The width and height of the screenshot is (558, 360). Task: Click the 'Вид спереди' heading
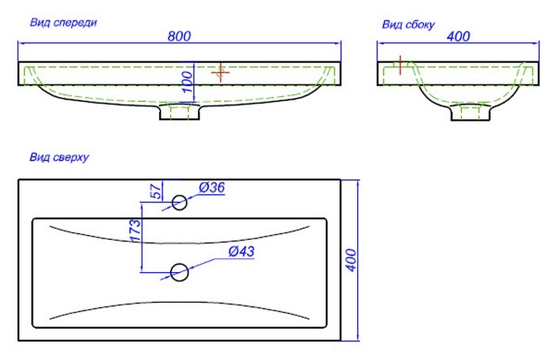click(63, 22)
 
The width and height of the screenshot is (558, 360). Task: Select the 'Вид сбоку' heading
click(408, 25)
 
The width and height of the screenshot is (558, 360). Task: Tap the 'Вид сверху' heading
click(58, 158)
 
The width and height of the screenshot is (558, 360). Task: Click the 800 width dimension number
click(179, 36)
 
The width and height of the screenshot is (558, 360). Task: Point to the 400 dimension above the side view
click(458, 36)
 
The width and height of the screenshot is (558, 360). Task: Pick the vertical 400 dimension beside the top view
click(351, 260)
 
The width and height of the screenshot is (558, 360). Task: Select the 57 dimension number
click(157, 190)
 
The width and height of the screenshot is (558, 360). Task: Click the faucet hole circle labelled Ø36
click(179, 203)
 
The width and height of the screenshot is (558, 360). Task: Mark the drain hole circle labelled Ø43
click(179, 272)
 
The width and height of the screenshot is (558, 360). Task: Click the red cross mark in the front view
click(220, 72)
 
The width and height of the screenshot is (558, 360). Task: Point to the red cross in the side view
click(400, 64)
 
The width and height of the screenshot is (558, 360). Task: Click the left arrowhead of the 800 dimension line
click(21, 43)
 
